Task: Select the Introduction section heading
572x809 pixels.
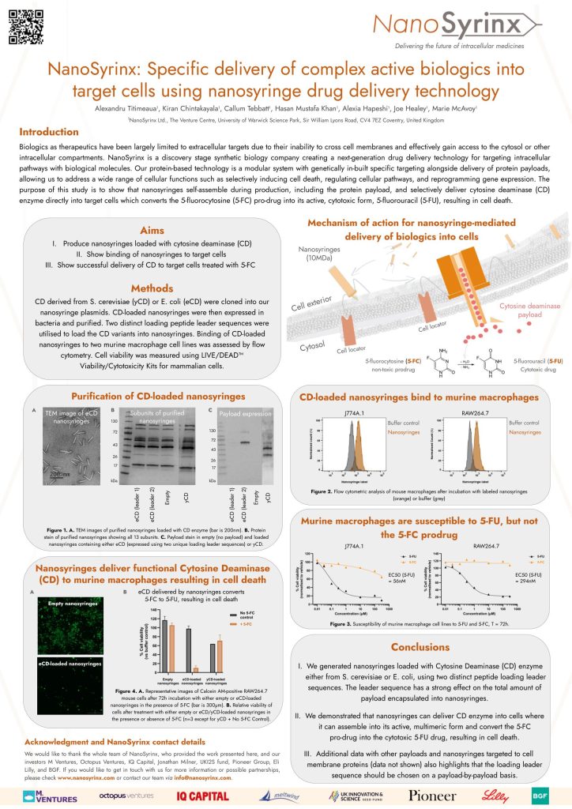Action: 49,131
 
